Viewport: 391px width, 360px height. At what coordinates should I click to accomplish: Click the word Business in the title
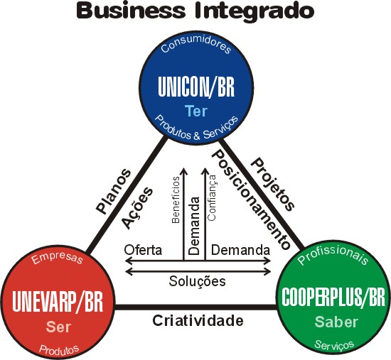point(131,11)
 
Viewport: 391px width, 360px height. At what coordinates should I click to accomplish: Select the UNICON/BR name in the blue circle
point(196,87)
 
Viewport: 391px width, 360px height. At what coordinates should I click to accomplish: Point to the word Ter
point(196,111)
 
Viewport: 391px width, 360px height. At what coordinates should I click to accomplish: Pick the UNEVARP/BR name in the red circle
point(58,301)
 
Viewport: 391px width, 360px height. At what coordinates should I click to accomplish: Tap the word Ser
point(58,327)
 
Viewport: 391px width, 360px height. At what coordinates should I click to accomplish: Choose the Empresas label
point(57,258)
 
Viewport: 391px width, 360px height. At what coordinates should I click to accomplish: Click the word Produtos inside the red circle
point(59,349)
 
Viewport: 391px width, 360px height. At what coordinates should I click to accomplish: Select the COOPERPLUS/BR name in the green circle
point(333,297)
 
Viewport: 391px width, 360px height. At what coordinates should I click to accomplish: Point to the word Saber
point(336,322)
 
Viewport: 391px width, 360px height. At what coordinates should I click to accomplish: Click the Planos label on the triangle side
point(114,191)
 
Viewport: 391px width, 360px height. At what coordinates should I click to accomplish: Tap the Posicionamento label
point(251,200)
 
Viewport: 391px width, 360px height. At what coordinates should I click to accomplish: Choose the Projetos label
point(273,184)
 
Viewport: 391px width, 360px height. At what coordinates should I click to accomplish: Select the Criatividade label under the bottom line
point(198,321)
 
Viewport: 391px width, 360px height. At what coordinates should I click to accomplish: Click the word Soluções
point(197,281)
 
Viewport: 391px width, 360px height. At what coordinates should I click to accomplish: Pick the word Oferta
point(143,250)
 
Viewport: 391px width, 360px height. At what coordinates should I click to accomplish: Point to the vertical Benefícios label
point(176,200)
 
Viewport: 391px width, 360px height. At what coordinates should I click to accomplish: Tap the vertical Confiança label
point(212,198)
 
